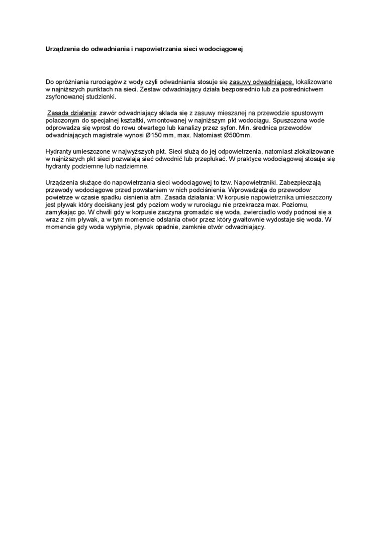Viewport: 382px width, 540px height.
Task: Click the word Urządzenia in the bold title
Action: [x=57, y=50]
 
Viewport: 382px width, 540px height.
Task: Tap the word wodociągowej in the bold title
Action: [x=221, y=50]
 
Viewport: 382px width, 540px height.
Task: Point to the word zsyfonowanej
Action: [x=64, y=97]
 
